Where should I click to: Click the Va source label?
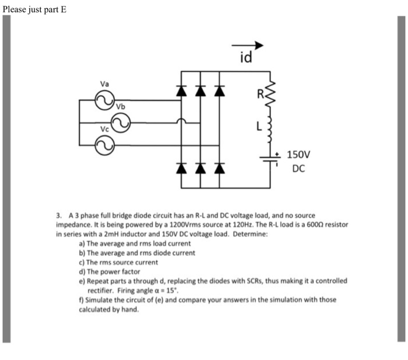[104, 84]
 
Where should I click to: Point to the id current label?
[246, 58]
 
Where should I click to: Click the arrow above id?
[248, 45]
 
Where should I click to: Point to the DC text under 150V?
[298, 169]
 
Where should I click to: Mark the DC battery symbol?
[270, 158]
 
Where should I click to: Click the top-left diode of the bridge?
[181, 91]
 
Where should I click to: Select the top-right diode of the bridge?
[220, 91]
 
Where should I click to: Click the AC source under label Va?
[105, 103]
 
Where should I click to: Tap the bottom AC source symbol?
[105, 144]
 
